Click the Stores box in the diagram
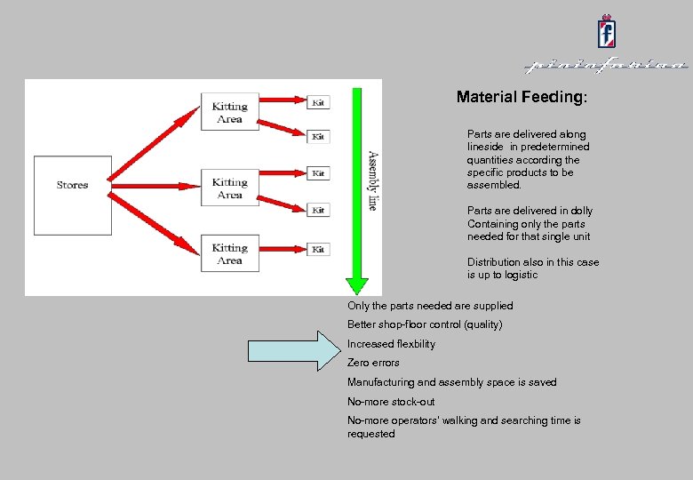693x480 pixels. [72, 185]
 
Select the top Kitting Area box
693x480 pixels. [229, 112]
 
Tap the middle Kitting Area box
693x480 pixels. [229, 188]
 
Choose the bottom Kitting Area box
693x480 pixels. [229, 254]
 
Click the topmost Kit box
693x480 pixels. [317, 103]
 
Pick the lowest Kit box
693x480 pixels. [317, 250]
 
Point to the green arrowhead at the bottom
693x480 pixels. [356, 285]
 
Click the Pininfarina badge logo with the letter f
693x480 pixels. [607, 33]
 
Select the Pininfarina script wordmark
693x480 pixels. [606, 66]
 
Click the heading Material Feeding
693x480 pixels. [521, 97]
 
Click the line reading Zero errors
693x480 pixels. [373, 363]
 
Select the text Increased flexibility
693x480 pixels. [391, 344]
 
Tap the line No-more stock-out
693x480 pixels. [391, 402]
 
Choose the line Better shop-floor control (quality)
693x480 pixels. [424, 324]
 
